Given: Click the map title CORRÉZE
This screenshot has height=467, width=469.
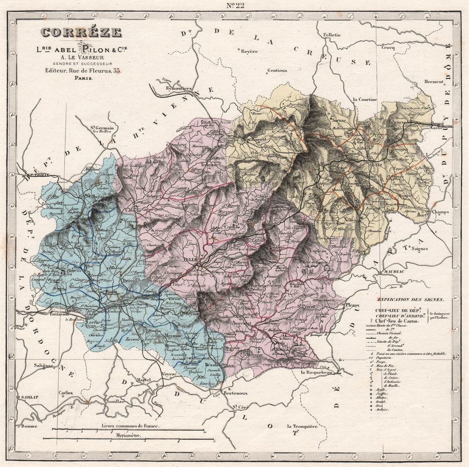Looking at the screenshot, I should pyautogui.click(x=81, y=33).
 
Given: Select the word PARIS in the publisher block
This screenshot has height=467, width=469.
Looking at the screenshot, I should pyautogui.click(x=83, y=78).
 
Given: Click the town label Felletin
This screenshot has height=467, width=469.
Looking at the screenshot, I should pyautogui.click(x=332, y=35).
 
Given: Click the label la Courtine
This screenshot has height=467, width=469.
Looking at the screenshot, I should pyautogui.click(x=365, y=99).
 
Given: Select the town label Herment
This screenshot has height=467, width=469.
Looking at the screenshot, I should pyautogui.click(x=434, y=82).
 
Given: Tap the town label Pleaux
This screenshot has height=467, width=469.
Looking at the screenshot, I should pyautogui.click(x=352, y=305).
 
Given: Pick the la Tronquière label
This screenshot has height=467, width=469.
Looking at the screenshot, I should pyautogui.click(x=302, y=426).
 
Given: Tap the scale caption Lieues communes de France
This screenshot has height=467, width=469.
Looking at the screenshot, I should pyautogui.click(x=130, y=426).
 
